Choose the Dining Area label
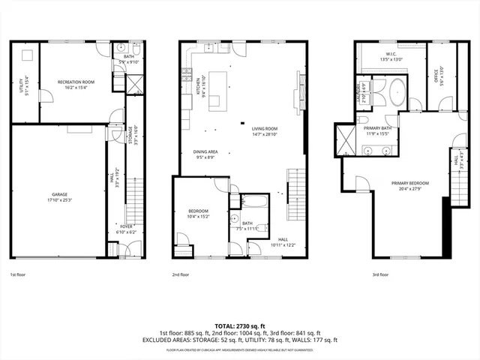tap(205, 154)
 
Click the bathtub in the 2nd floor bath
tap(252, 202)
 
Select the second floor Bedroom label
tap(198, 214)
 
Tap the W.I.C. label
tap(393, 55)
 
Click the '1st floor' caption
tap(18, 275)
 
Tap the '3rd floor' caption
tap(380, 275)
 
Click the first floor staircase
tap(136, 198)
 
